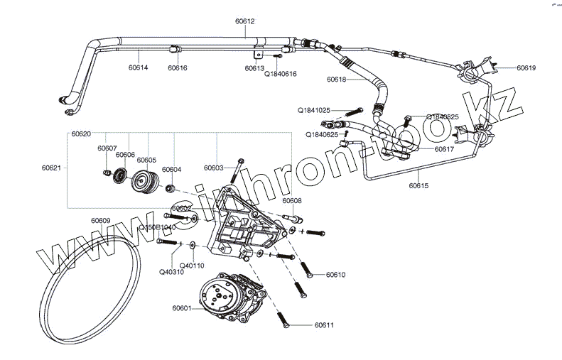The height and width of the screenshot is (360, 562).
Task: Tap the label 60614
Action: [x=138, y=68]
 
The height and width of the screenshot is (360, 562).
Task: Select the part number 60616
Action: [x=178, y=68]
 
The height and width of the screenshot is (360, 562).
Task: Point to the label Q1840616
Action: [x=281, y=73]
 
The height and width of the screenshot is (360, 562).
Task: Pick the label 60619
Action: [x=526, y=68]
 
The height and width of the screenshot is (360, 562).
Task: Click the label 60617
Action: [x=443, y=149]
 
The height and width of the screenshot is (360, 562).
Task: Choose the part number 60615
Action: [x=419, y=185]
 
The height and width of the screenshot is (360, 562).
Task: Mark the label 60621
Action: [x=52, y=168]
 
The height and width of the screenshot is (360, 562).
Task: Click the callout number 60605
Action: [x=146, y=160]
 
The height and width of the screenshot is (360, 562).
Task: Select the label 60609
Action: [x=100, y=220]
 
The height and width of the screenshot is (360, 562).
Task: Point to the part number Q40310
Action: [x=171, y=271]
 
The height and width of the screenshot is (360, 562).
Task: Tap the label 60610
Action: [x=336, y=274]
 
